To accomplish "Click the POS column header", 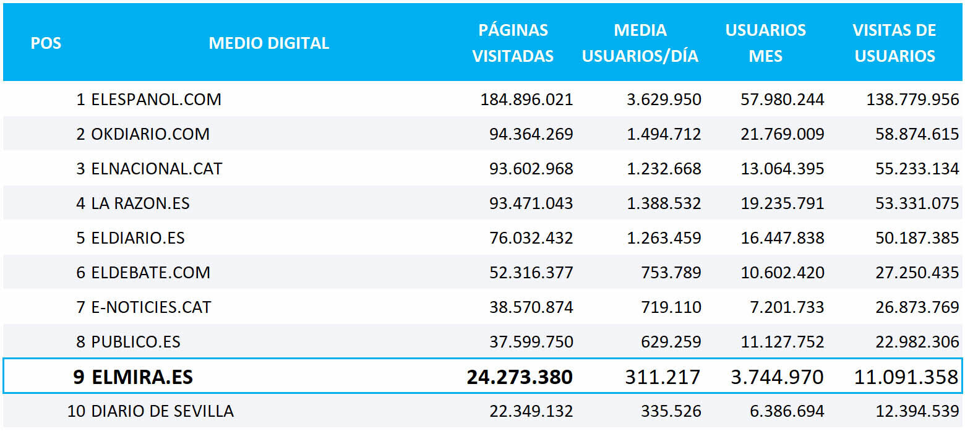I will pos(46,43).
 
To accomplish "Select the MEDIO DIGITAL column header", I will pos(269,43).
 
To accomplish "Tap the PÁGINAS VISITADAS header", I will pos(513,43).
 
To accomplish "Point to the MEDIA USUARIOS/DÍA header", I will pos(640,43).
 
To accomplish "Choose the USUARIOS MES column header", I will pos(766,43).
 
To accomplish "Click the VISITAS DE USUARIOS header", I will pos(894,43).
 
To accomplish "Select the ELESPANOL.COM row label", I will pos(156,100).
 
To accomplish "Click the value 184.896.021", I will pos(526,100).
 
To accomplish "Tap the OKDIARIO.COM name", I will pos(150,134).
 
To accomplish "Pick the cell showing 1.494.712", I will pos(664,134).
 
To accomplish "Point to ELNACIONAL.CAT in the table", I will pos(157,169).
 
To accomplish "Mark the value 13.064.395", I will pos(783,169).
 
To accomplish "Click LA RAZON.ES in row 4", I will pos(140,203).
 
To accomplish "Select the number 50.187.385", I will pos(917,238).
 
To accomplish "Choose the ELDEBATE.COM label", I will pos(150,273).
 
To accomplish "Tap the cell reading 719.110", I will pos(671,307).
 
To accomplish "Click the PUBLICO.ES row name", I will pos(135,342).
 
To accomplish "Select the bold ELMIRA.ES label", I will pos(142,377).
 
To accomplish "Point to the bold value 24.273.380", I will pos(520,377).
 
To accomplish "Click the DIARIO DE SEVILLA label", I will pos(162,411).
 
